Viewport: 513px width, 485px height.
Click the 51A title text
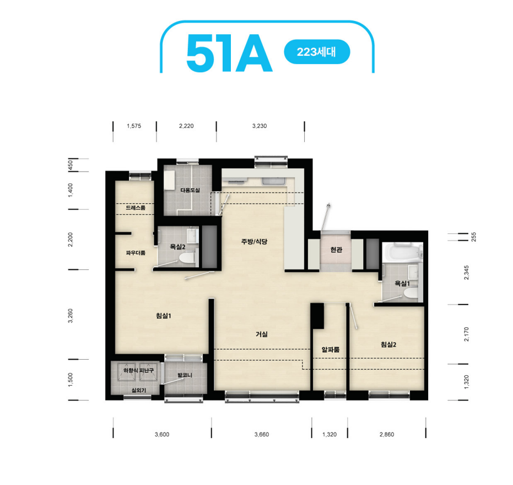coord(229,53)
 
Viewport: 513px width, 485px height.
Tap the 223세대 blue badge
coord(317,52)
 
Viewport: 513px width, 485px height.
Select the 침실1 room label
coord(164,316)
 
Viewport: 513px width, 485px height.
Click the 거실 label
coord(262,334)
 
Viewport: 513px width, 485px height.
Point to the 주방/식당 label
coord(254,242)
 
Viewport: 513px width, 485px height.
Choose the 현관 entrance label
coord(336,250)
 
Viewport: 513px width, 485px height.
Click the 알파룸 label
coord(331,350)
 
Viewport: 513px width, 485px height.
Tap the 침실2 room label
coord(388,344)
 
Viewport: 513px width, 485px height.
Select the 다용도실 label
coord(190,190)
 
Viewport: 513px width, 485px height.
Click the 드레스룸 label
coord(136,208)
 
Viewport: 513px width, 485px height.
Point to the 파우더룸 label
coord(136,253)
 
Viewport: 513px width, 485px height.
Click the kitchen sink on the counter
coord(274,181)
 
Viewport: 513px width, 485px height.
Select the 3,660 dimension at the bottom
coord(262,435)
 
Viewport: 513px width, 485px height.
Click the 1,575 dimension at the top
coord(134,126)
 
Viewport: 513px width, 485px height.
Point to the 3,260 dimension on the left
coord(71,316)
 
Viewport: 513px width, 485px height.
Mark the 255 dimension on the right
coord(474,237)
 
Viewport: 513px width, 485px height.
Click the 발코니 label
coord(185,375)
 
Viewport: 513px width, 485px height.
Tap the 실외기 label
coord(139,390)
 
